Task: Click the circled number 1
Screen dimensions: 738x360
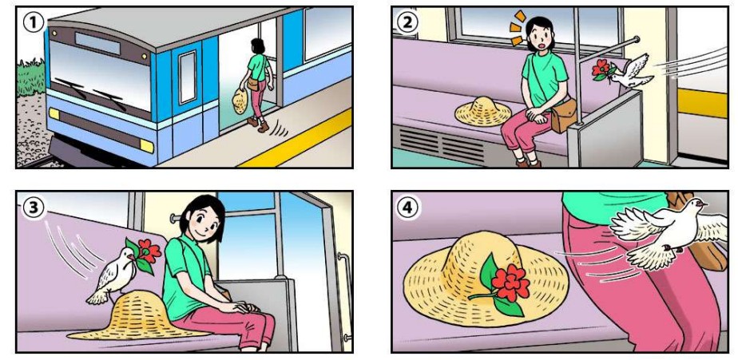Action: (x=34, y=22)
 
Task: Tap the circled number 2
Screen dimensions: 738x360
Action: (x=407, y=22)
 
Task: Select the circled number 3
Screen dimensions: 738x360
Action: (x=33, y=207)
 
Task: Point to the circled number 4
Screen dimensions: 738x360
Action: (x=407, y=208)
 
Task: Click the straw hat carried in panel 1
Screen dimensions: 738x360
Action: (x=240, y=101)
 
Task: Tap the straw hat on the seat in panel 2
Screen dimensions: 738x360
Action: (x=483, y=112)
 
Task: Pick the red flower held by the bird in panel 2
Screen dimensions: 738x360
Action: (x=601, y=69)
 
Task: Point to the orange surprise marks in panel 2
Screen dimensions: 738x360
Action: (x=518, y=27)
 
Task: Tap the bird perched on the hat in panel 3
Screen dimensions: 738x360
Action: (x=112, y=275)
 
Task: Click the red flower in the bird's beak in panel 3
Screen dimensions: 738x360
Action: (x=149, y=251)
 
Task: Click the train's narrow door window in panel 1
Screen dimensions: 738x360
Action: (x=188, y=77)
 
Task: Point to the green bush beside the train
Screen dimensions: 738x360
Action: (x=31, y=77)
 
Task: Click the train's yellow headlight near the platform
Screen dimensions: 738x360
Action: (x=147, y=146)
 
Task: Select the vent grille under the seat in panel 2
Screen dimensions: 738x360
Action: (x=441, y=144)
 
